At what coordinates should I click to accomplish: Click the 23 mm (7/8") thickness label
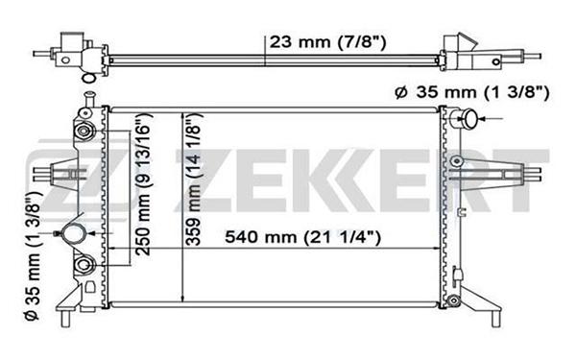[x=327, y=42]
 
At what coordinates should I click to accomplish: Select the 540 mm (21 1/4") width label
[x=302, y=237]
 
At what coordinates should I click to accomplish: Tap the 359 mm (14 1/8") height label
[x=193, y=179]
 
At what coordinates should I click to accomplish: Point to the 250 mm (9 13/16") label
[x=143, y=184]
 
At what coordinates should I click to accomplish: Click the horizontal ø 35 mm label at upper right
[x=472, y=92]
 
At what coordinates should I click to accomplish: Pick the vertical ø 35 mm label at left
[x=34, y=255]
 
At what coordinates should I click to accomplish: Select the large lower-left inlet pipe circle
[x=74, y=233]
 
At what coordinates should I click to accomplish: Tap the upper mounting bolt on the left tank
[x=84, y=131]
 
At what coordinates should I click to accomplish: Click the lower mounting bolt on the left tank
[x=84, y=265]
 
